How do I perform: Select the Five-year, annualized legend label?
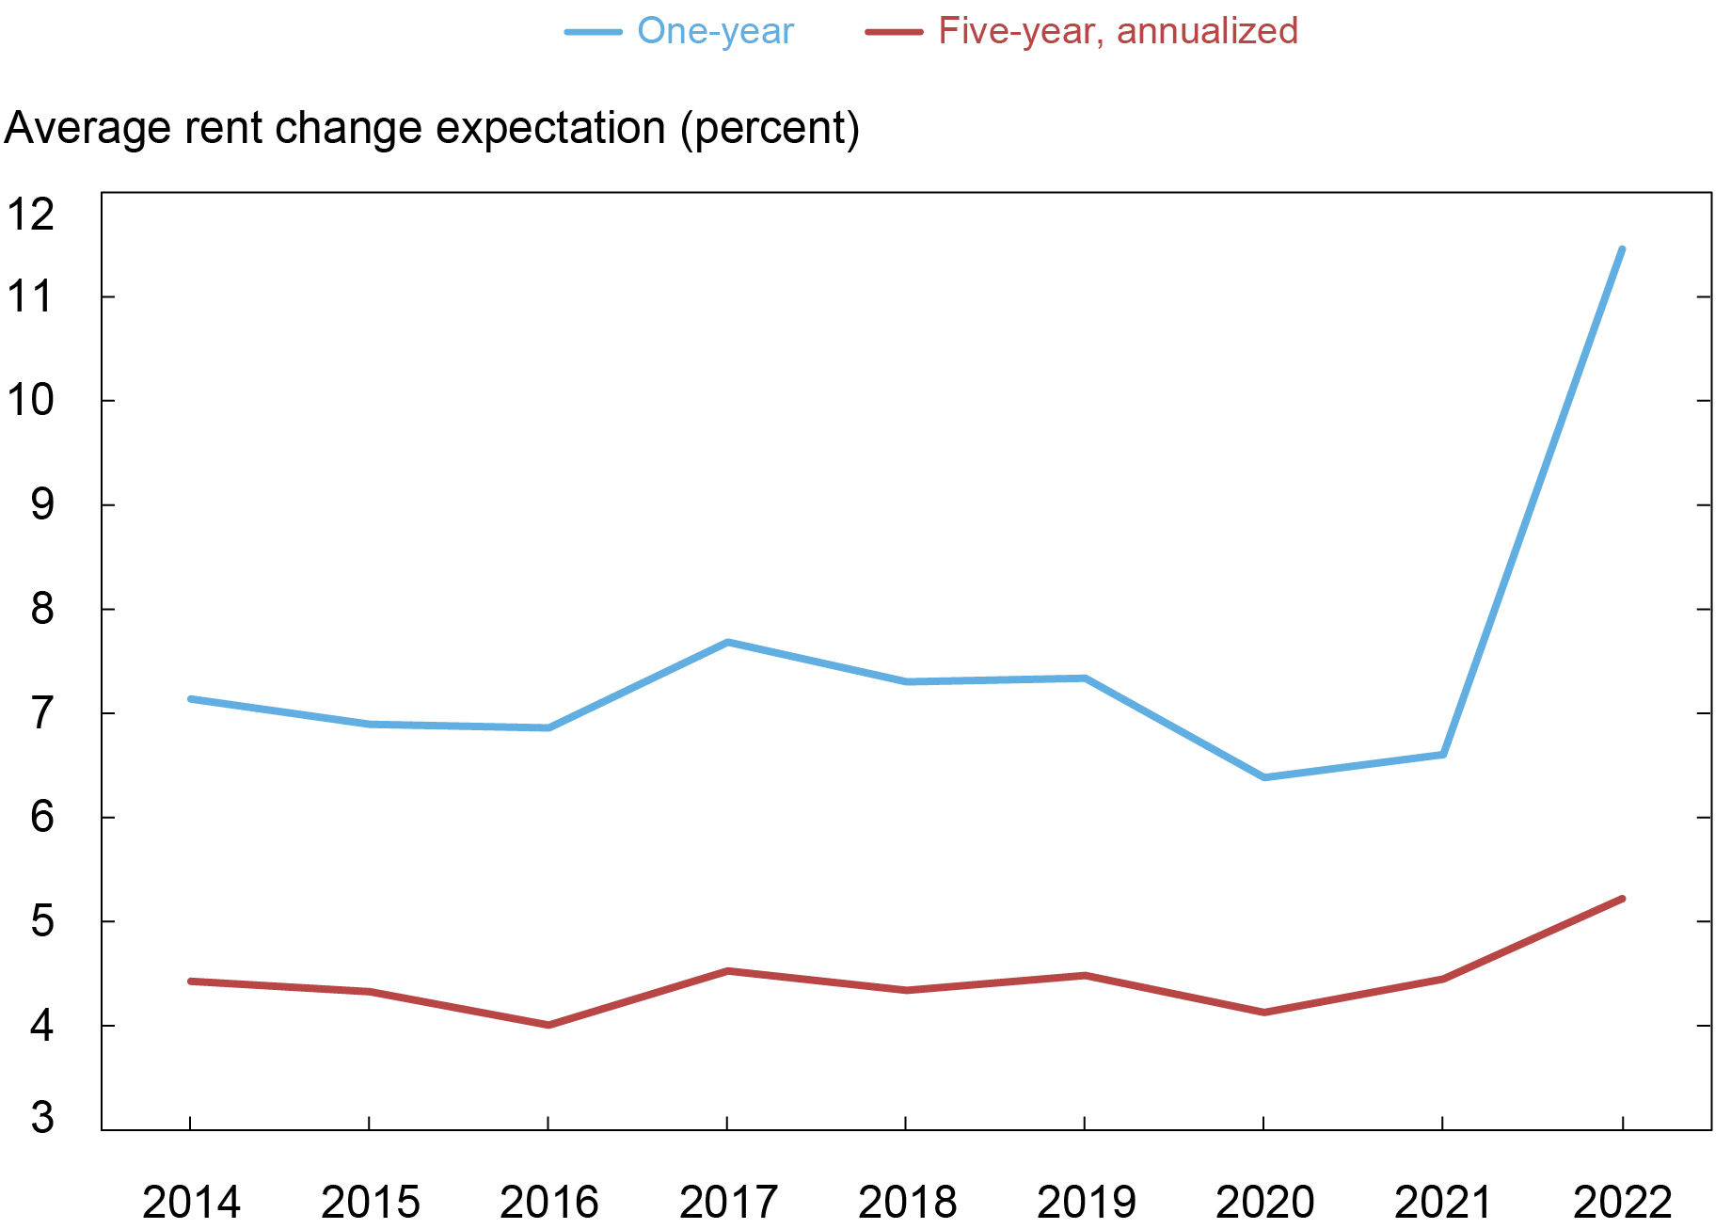pyautogui.click(x=1118, y=31)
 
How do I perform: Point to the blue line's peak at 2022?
pyautogui.click(x=1621, y=249)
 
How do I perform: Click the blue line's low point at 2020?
pyautogui.click(x=1263, y=777)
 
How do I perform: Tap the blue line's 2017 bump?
pyautogui.click(x=727, y=643)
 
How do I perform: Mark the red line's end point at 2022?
pyautogui.click(x=1622, y=899)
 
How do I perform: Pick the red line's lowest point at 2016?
pyautogui.click(x=548, y=1025)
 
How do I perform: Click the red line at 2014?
pyautogui.click(x=191, y=982)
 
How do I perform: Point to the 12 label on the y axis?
pyautogui.click(x=31, y=215)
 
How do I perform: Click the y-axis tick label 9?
pyautogui.click(x=42, y=505)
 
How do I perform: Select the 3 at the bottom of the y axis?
pyautogui.click(x=42, y=1119)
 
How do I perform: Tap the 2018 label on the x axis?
pyautogui.click(x=907, y=1202)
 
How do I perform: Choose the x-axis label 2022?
pyautogui.click(x=1622, y=1202)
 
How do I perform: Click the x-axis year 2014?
pyautogui.click(x=191, y=1202)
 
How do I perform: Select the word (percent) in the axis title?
pyautogui.click(x=770, y=129)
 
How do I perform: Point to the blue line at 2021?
pyautogui.click(x=1442, y=755)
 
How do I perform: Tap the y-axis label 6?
pyautogui.click(x=42, y=817)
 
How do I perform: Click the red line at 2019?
pyautogui.click(x=1085, y=976)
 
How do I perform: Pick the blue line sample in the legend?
pyautogui.click(x=594, y=32)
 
